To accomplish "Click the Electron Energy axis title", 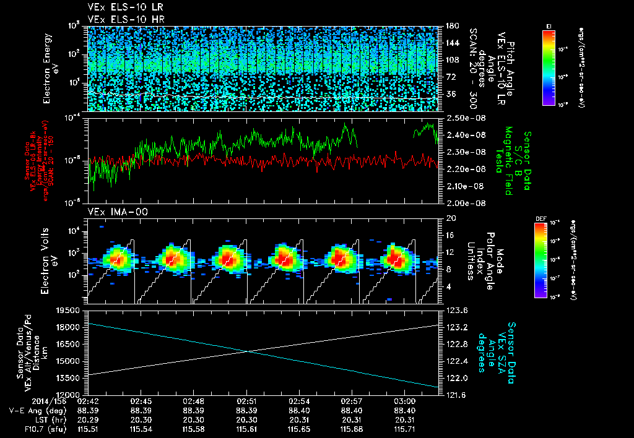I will pos(47,68).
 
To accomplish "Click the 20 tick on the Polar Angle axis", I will pos(451,218).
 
